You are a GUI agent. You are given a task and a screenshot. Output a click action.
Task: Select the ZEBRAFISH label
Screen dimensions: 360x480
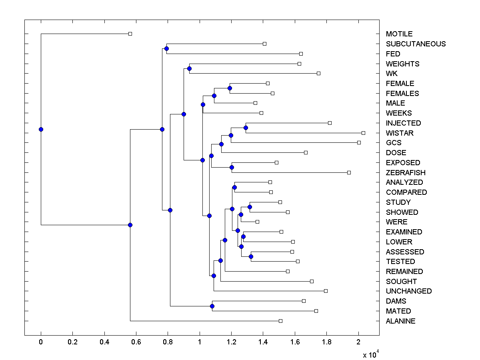coord(406,173)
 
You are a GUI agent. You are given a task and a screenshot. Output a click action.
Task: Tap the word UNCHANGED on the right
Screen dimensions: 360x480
coord(409,291)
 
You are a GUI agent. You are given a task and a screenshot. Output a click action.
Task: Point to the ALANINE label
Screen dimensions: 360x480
coord(400,321)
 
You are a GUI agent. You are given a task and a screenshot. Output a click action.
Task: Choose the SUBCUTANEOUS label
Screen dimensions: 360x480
coord(416,44)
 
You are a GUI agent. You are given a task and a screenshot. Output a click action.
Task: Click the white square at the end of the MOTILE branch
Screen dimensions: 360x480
coord(130,34)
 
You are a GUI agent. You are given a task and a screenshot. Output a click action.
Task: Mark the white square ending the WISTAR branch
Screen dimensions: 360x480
coord(363,133)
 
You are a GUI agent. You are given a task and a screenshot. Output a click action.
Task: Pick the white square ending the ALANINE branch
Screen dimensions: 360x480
coord(280,321)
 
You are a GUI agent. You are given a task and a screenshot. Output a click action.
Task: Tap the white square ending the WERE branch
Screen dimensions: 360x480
coord(257,222)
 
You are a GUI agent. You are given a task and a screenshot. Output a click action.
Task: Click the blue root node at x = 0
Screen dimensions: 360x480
coord(41,129)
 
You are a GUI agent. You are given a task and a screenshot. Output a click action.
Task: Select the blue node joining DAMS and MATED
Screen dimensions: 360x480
coord(212,306)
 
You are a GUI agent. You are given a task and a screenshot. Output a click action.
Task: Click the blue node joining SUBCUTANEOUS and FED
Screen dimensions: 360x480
coord(166,48)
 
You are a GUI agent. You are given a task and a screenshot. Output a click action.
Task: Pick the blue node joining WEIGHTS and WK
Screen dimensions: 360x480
coord(189,68)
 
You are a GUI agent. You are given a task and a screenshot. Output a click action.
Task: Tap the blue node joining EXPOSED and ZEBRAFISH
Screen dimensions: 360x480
coord(232,167)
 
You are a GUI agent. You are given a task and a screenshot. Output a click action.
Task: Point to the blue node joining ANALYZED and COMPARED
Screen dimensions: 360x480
coord(234,187)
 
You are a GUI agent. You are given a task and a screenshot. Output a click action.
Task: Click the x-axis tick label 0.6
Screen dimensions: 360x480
coord(136,342)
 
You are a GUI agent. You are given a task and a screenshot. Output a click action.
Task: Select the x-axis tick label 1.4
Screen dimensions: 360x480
coord(263,342)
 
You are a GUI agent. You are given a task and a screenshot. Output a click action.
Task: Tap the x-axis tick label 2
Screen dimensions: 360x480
coord(358,342)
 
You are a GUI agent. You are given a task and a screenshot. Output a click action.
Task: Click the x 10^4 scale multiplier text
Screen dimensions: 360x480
coord(370,354)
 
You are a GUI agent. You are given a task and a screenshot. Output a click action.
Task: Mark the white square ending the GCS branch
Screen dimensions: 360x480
coord(359,142)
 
